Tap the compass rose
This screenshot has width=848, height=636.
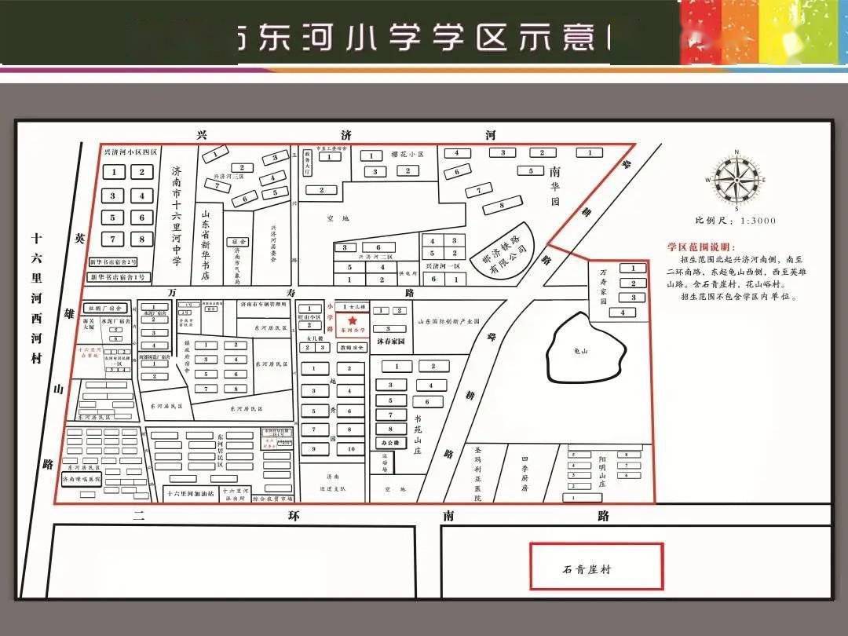[x=735, y=180]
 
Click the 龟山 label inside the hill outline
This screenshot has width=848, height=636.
[x=579, y=351]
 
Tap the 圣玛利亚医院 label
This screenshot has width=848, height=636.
[x=478, y=473]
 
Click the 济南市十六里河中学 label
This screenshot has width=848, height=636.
[x=177, y=215]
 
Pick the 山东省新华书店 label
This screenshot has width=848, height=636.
[x=206, y=243]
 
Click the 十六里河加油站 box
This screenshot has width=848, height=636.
[x=189, y=493]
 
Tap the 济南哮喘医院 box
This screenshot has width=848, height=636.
[x=82, y=478]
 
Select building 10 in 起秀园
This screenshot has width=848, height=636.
[x=351, y=448]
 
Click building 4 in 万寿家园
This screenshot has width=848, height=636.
[x=623, y=313]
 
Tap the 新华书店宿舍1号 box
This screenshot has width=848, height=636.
[x=118, y=276]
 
